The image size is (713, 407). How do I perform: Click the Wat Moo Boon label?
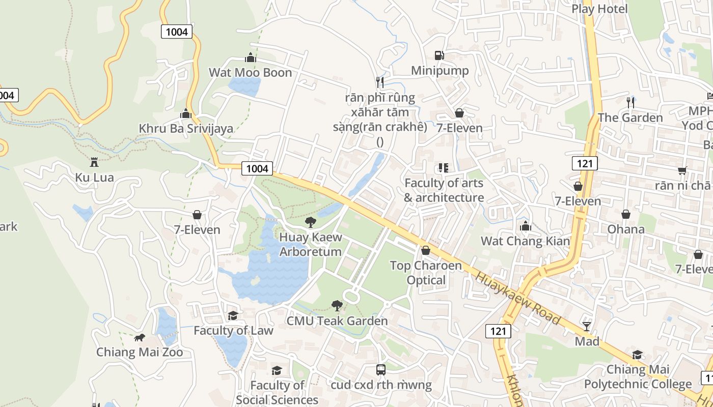(250, 73)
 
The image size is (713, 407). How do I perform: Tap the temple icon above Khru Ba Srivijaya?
(186, 113)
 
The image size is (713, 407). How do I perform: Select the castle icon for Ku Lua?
(94, 162)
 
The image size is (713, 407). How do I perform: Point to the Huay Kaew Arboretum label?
(310, 244)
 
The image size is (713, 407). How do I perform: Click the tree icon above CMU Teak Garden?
(337, 305)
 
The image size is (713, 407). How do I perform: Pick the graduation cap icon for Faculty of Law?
(233, 315)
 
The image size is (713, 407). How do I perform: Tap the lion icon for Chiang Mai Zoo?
(140, 337)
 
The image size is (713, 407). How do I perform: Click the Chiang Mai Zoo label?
(140, 352)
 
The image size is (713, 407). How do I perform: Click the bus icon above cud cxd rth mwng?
(381, 370)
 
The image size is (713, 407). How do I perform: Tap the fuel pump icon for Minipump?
(439, 55)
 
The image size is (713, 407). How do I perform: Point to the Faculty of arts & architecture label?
(444, 190)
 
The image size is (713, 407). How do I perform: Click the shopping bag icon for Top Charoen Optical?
(426, 250)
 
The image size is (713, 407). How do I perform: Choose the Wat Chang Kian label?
(525, 241)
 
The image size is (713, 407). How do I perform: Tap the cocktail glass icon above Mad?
(587, 326)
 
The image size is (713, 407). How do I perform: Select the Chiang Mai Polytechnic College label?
(638, 376)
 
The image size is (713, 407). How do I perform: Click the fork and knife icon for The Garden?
(630, 102)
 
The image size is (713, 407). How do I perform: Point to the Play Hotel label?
(599, 9)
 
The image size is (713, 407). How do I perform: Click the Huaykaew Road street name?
(518, 299)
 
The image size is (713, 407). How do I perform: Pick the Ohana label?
(625, 229)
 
